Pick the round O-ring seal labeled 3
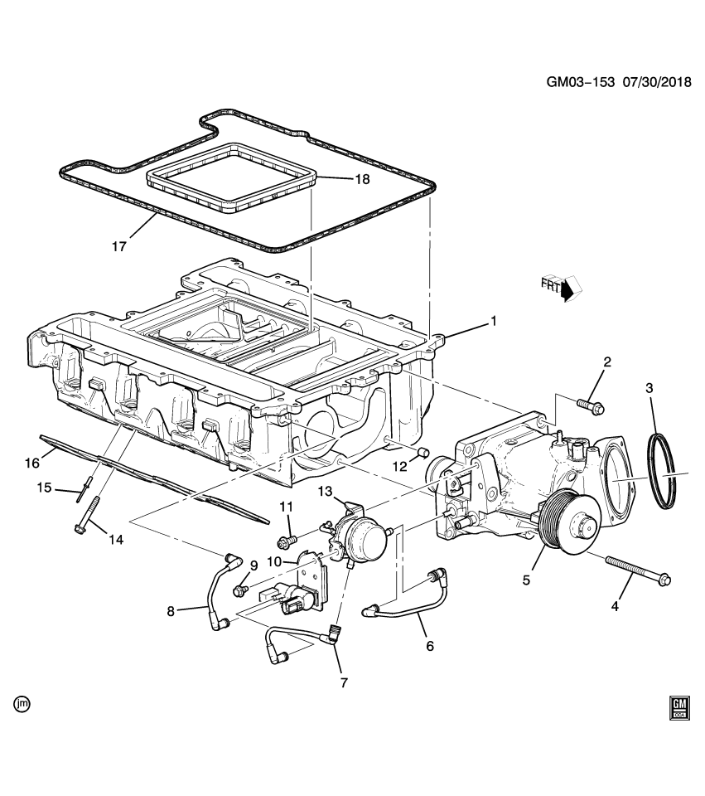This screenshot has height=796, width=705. [x=662, y=470]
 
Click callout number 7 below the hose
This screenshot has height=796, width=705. [x=343, y=682]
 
